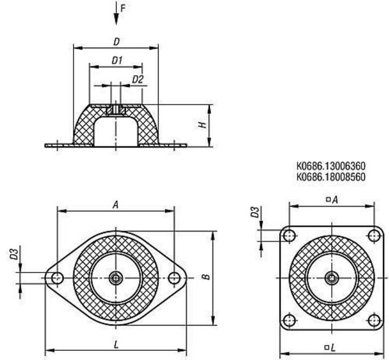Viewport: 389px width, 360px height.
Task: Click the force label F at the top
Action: click(123, 8)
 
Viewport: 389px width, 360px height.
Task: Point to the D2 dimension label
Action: click(138, 79)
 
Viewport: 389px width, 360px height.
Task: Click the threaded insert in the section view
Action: click(116, 110)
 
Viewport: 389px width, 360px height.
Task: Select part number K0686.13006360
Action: click(331, 167)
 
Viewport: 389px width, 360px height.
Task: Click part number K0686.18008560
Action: click(331, 176)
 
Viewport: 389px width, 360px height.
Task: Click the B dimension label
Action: click(206, 277)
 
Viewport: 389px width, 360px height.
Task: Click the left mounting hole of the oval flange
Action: click(57, 278)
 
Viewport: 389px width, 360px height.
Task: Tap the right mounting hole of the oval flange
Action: click(173, 278)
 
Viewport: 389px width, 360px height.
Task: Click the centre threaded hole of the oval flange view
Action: click(116, 278)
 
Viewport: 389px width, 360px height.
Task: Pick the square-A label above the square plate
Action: click(331, 200)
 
